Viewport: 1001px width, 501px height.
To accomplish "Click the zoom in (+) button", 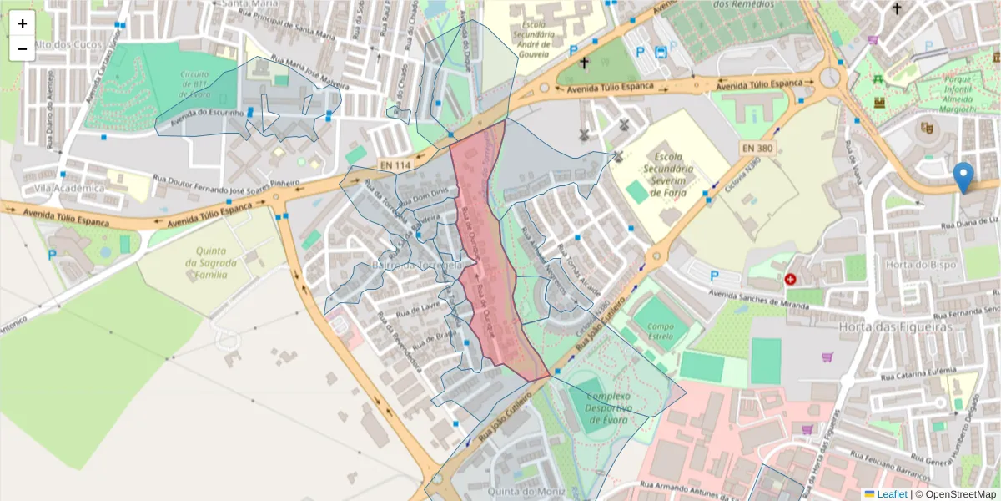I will [23, 23].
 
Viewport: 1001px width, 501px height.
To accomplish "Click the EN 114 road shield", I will [395, 165].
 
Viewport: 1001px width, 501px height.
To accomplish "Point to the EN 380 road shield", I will [757, 147].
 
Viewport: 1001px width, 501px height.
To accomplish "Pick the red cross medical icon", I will [790, 279].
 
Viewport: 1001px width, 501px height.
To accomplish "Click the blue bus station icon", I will [661, 52].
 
